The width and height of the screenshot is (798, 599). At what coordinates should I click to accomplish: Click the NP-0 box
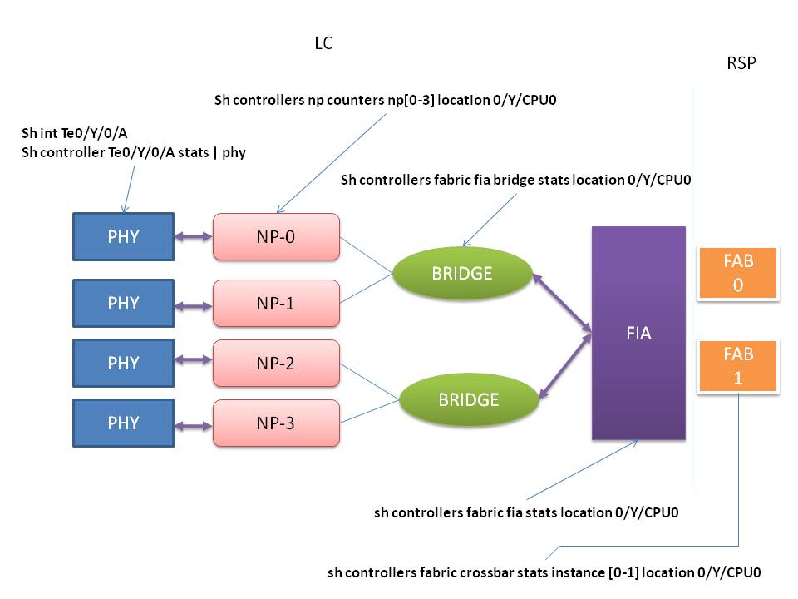point(276,237)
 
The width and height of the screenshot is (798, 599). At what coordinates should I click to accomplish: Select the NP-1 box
point(276,303)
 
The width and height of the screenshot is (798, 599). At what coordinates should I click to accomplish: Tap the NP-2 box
point(276,364)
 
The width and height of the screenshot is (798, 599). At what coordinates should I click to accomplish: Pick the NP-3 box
point(276,423)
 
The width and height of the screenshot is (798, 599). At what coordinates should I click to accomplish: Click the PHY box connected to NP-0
point(124,237)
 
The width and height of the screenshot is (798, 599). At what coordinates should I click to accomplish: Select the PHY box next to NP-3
point(124,423)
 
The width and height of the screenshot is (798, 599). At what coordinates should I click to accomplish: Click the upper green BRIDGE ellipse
point(462,273)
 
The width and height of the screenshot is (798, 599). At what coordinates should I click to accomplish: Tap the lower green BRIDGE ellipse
point(469,400)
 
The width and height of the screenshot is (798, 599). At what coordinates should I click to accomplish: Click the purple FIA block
point(638,333)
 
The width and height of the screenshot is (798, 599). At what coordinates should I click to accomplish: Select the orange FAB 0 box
point(738,273)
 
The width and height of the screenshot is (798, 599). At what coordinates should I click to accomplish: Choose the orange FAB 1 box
point(738,366)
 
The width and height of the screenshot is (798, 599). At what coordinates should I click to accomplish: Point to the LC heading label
point(323,43)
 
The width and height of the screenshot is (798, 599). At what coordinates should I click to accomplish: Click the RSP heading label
point(741,63)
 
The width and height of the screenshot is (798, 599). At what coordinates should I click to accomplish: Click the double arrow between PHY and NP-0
point(194,236)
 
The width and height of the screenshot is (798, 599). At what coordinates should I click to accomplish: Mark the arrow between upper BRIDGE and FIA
point(563,303)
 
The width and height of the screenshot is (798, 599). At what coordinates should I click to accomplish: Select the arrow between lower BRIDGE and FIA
point(565,365)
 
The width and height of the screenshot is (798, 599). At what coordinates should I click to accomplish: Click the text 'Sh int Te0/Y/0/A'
point(74,133)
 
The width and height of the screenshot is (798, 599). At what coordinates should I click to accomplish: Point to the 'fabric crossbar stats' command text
point(544,572)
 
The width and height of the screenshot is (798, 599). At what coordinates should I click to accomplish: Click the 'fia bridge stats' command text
point(515,180)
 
